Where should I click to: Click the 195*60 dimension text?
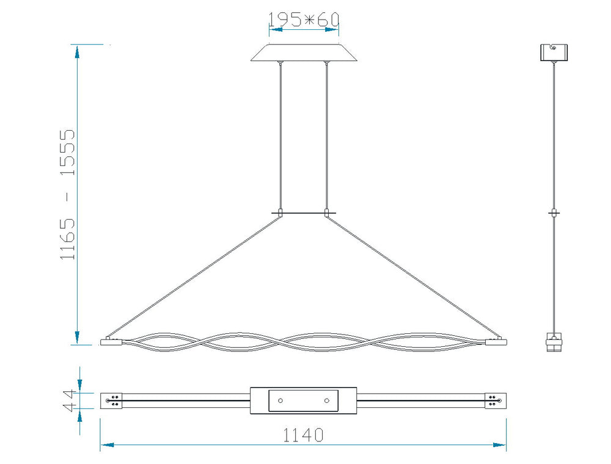[x=304, y=19]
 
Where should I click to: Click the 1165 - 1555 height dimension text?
[x=67, y=194]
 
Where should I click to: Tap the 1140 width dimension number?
[x=303, y=435]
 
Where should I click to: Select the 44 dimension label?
[x=68, y=401]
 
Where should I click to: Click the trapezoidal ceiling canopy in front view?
[x=304, y=53]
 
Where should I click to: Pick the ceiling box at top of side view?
[x=554, y=53]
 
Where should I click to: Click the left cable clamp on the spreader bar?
[x=280, y=213]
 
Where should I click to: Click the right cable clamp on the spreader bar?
[x=326, y=213]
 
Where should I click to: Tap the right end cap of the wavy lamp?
[x=496, y=342]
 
